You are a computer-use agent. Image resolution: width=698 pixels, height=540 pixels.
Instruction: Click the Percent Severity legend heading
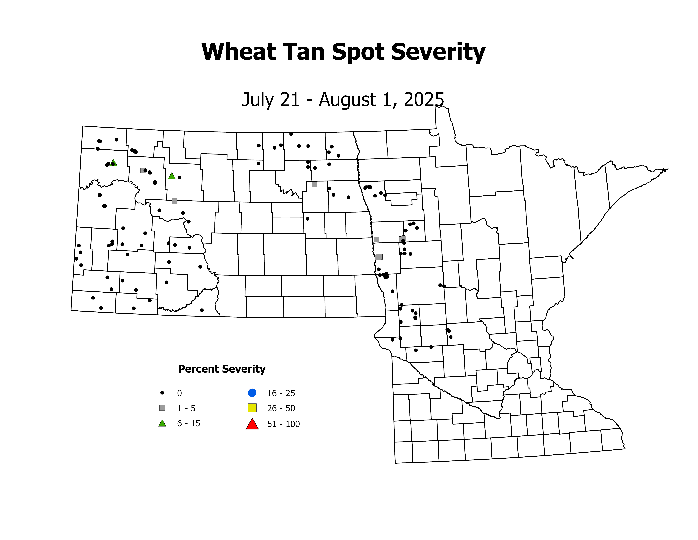(222, 369)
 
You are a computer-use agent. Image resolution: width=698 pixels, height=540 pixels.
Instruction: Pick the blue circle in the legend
(252, 393)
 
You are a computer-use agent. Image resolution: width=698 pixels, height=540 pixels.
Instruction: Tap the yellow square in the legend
(252, 408)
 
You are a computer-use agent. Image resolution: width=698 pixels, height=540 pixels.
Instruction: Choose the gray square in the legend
(162, 408)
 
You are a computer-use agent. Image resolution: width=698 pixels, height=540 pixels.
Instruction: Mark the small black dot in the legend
(162, 393)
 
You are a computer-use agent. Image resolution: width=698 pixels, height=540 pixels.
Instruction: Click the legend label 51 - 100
(283, 424)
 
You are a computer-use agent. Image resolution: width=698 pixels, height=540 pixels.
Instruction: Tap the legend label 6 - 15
(189, 424)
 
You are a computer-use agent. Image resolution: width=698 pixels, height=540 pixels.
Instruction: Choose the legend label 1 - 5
(186, 408)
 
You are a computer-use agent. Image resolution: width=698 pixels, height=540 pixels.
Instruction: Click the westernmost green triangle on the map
(113, 163)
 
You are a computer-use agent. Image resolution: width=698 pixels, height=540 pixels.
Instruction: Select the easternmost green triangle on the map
(172, 176)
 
